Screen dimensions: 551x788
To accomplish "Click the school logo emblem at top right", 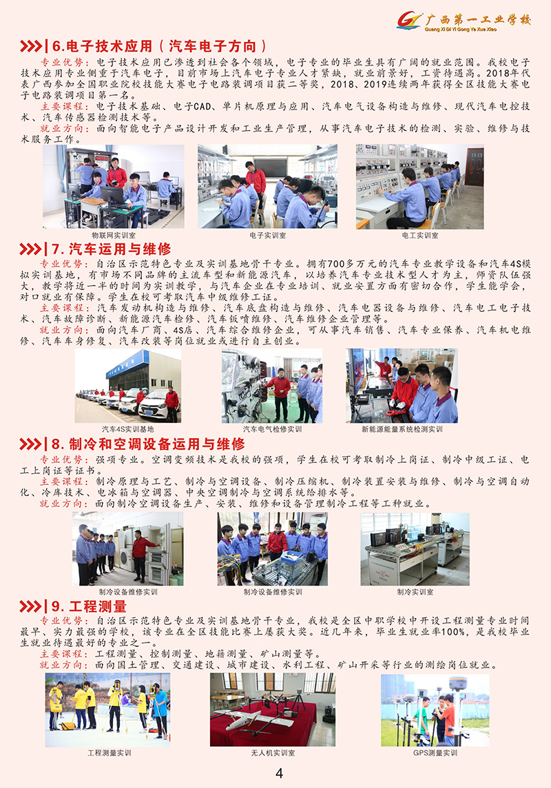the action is (409, 21).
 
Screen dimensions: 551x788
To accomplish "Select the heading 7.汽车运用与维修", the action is (111, 249).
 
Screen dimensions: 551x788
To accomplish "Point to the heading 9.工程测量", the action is (89, 606).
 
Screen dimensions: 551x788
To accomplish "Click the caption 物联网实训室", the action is (114, 235).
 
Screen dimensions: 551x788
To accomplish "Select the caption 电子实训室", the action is (268, 235).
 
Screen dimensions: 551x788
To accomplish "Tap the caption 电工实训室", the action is (420, 235).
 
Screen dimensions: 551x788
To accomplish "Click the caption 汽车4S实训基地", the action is (127, 429).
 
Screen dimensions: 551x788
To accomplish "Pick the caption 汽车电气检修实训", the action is (273, 429).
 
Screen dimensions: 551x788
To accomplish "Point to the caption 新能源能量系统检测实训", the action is (402, 429).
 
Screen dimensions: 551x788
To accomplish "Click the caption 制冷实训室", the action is (415, 592).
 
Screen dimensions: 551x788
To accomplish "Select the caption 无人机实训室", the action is (273, 754).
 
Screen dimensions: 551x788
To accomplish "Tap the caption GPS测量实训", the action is (435, 754).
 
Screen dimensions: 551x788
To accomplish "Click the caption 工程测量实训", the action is (109, 754).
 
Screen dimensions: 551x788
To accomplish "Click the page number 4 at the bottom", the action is (279, 773).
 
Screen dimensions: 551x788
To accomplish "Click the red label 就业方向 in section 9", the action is (61, 665).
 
